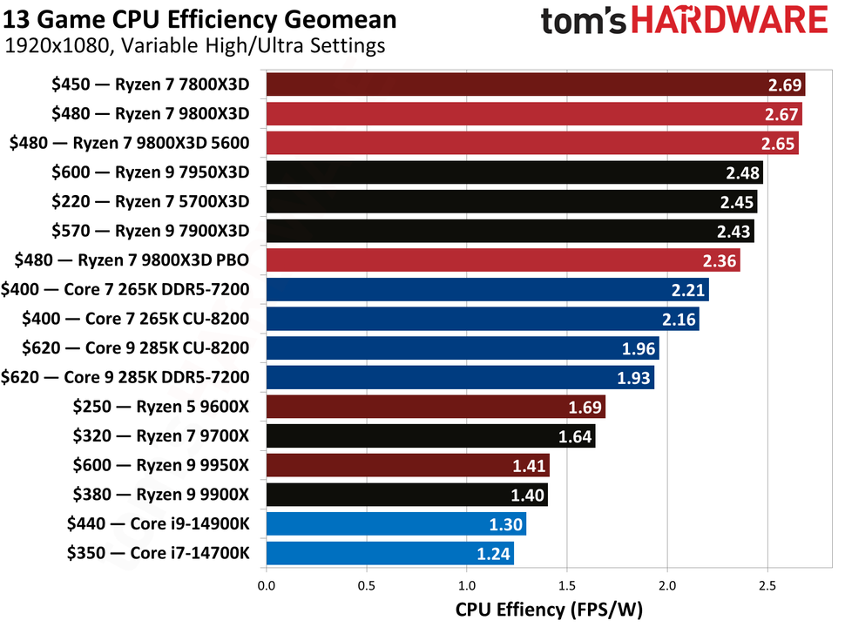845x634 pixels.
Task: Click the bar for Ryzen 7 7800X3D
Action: [535, 84]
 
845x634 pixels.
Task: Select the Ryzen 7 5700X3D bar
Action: [510, 202]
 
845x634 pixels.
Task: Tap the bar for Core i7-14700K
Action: [389, 553]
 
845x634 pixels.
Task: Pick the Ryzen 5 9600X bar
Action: [435, 407]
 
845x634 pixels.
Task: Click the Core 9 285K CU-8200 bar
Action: [462, 348]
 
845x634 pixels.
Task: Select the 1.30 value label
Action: [507, 524]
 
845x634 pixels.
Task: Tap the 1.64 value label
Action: [576, 436]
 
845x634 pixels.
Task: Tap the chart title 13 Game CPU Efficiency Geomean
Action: [200, 19]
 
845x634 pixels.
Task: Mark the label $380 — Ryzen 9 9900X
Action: [157, 495]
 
